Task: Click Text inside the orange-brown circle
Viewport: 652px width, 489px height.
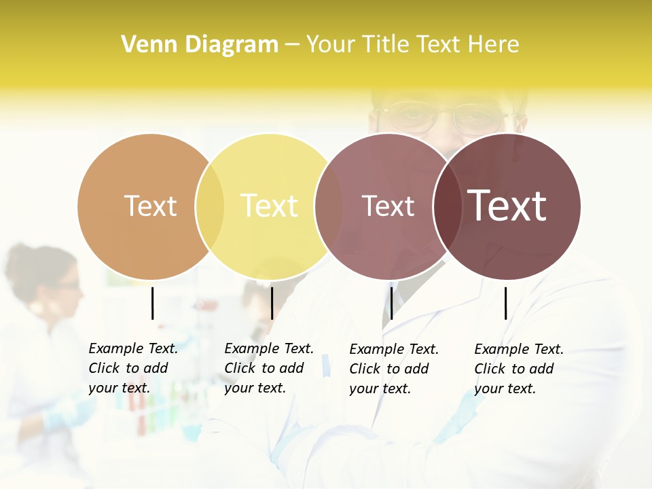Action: coord(150,206)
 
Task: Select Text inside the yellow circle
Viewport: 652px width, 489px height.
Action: coord(270,206)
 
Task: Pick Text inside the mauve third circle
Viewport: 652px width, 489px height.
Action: coord(388,206)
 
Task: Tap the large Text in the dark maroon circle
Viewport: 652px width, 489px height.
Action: coord(507,206)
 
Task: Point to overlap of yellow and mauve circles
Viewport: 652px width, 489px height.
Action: coord(329,206)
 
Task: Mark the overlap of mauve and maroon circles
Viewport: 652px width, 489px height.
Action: coord(448,206)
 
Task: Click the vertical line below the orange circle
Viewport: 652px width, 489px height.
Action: coord(152,303)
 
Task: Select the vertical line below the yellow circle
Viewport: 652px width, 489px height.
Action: coord(272,303)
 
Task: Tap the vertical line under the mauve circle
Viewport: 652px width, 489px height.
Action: coord(391,303)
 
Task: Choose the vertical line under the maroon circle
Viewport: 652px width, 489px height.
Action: coord(506,303)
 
